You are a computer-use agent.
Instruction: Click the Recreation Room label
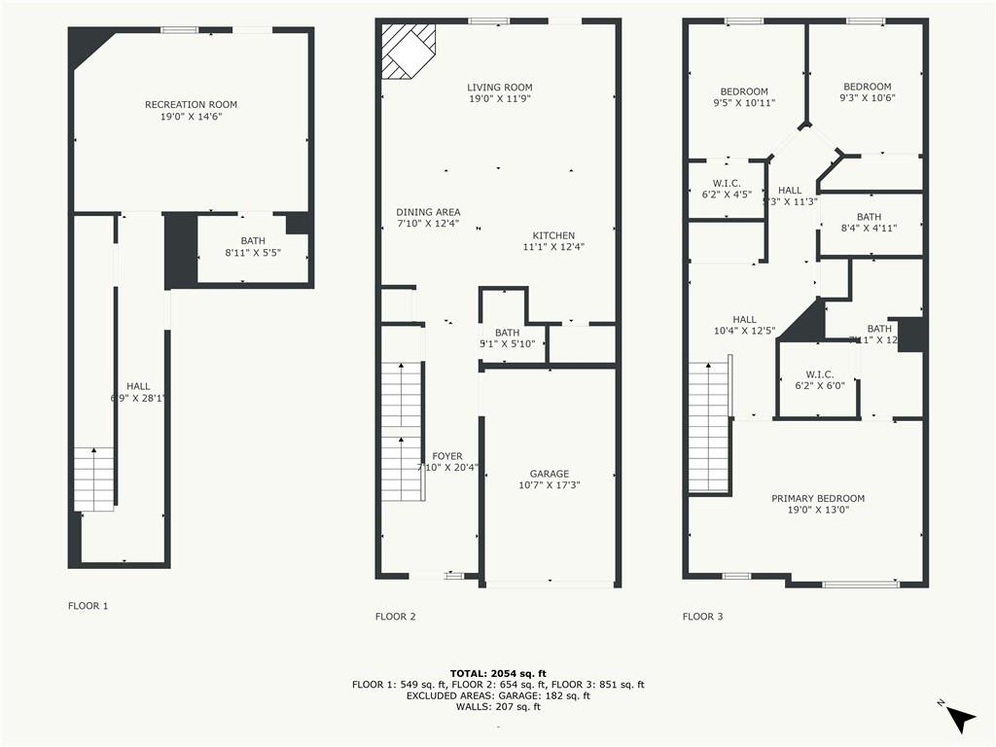[x=191, y=105]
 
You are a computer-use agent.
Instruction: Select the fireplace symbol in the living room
[x=408, y=51]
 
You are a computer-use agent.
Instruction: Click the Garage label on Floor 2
[x=550, y=474]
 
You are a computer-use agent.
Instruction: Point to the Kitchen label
[x=553, y=235]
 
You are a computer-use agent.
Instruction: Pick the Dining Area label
[x=428, y=212]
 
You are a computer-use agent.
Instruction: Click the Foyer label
[x=447, y=456]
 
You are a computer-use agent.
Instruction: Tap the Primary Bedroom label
[x=818, y=499]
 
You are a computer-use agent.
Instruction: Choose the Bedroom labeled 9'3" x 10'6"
[x=867, y=87]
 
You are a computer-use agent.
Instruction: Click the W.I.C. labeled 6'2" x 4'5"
[x=727, y=183]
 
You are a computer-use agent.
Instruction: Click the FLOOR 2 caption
[x=395, y=616]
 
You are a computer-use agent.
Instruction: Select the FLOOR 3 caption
[x=702, y=616]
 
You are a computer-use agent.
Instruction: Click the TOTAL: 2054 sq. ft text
[x=498, y=673]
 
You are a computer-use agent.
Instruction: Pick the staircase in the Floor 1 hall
[x=93, y=479]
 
